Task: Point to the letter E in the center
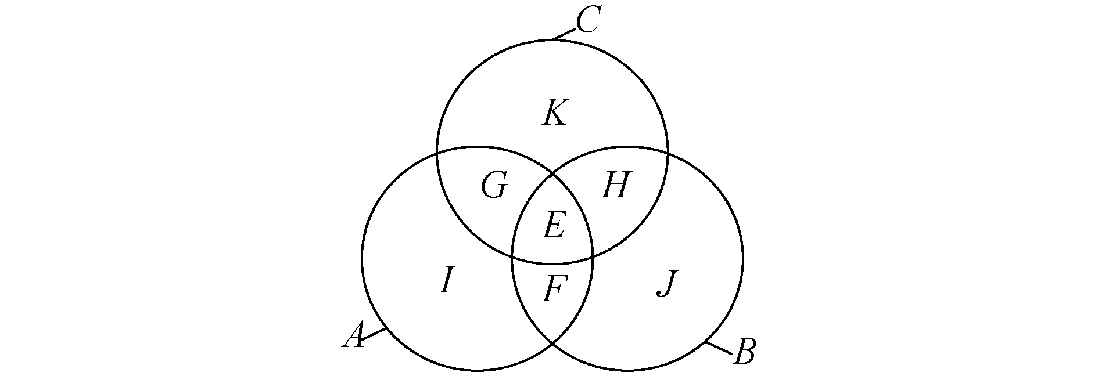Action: (x=553, y=226)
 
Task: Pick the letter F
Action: (x=554, y=288)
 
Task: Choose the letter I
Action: (x=446, y=281)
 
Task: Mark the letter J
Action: (x=667, y=284)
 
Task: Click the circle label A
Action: (x=354, y=336)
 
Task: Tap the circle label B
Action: (x=744, y=352)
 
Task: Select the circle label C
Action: (x=587, y=23)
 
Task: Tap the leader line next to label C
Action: (x=564, y=34)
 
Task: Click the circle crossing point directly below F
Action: (x=552, y=344)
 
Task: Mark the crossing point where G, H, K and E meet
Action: (x=552, y=173)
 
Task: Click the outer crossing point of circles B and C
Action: (x=668, y=153)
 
